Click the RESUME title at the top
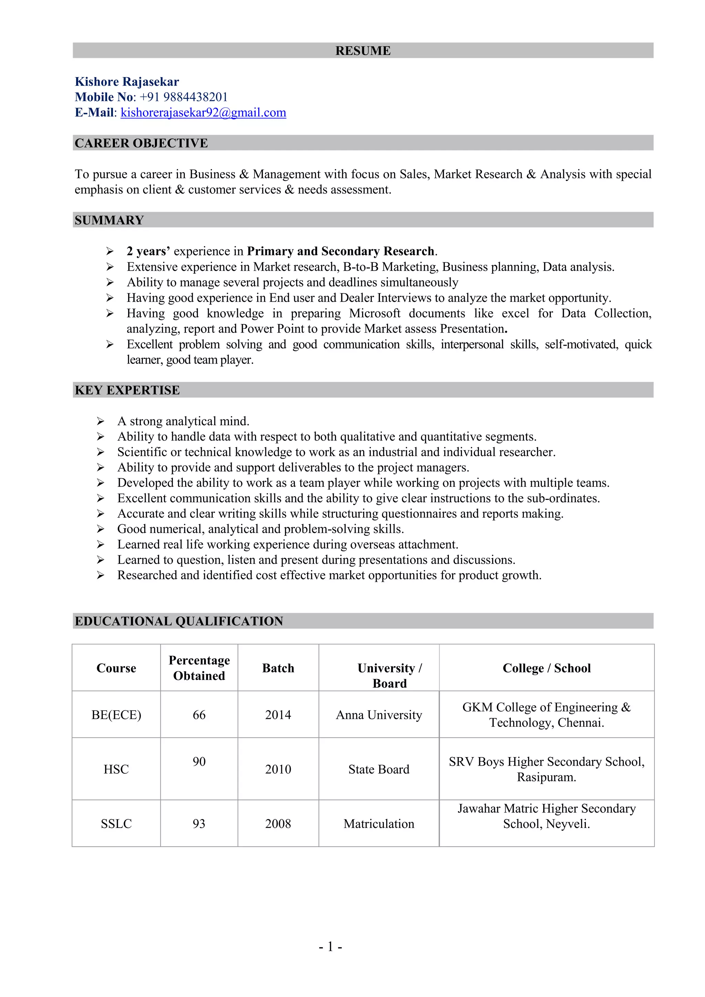coord(362,51)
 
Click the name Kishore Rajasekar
coord(127,82)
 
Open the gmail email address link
coord(203,113)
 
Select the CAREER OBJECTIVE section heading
coord(141,143)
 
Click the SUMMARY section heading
coord(109,220)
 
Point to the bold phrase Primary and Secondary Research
coord(341,251)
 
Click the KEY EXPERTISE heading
coord(127,390)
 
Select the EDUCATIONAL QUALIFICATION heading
coord(179,621)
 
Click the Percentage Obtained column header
coord(199,668)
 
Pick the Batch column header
coord(278,668)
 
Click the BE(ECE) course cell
coord(116,715)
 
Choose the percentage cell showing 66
coord(199,715)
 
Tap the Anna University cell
coord(379,715)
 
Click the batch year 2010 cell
coord(278,769)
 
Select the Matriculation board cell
coord(379,824)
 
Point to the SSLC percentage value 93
coord(199,824)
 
